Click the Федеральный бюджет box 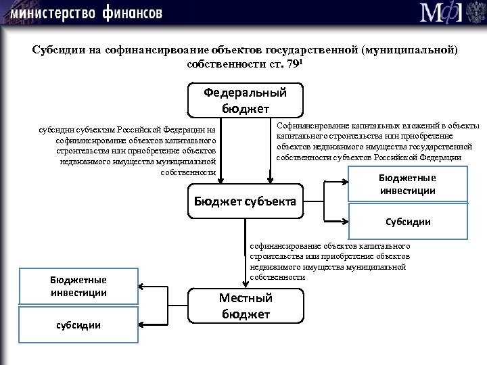click(245, 100)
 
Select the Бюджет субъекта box click(245, 201)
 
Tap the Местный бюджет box click(245, 306)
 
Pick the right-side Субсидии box click(408, 222)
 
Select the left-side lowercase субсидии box click(78, 325)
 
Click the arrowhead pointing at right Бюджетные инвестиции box click(344, 181)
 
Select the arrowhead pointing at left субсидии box click(141, 324)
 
